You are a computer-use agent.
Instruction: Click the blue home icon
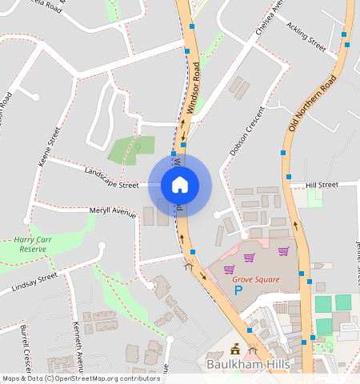pos(180,185)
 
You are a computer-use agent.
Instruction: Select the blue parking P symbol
pos(238,292)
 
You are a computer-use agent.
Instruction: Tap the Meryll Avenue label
pos(113,211)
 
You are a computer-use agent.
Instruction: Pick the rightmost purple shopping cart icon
pos(282,251)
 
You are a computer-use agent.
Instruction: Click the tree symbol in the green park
pos(138,149)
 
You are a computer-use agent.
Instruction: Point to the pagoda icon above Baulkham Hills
pos(235,349)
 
